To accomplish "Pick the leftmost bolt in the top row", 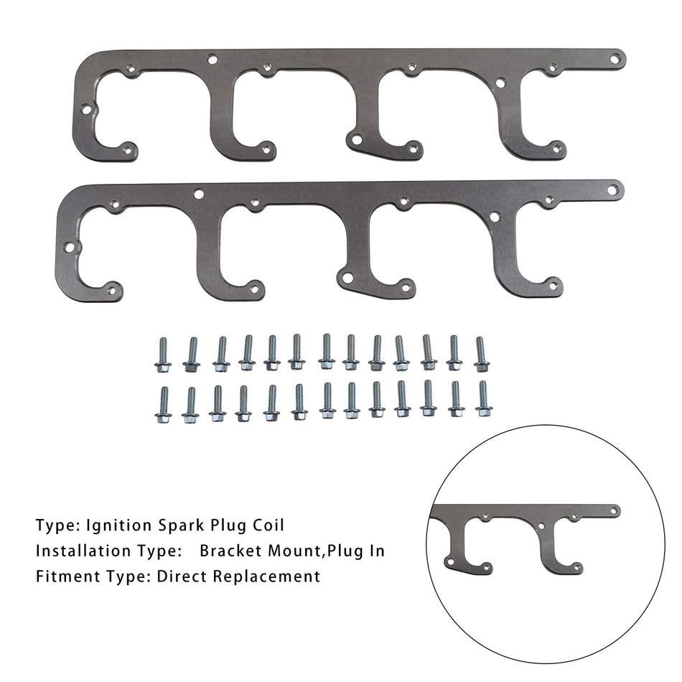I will tap(163, 355).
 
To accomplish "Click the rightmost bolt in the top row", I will tap(481, 355).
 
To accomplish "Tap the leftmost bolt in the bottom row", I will tap(163, 404).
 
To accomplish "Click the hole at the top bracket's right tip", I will tap(615, 55).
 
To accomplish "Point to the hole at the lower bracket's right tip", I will tap(612, 190).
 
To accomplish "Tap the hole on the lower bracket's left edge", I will tap(69, 247).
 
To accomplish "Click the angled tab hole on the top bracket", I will tap(353, 138).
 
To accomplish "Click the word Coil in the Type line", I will tap(267, 525).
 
